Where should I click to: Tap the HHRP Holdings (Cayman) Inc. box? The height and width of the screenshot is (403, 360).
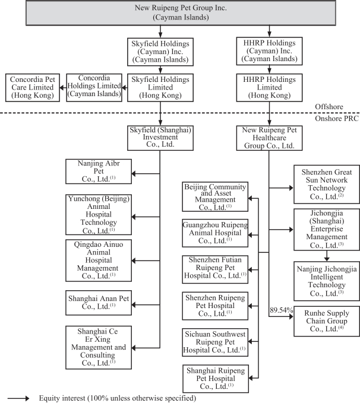[269, 52]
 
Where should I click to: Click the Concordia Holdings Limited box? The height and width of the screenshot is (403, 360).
[95, 87]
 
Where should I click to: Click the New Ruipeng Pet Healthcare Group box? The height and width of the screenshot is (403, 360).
[269, 137]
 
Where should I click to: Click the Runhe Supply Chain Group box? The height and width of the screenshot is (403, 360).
[324, 321]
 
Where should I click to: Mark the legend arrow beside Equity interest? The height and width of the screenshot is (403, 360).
[18, 398]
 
